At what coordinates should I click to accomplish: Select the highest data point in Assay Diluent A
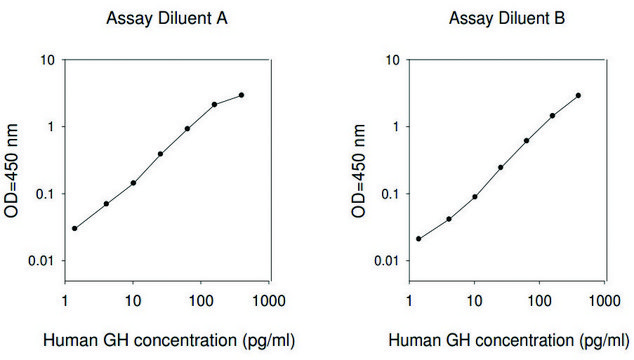242,95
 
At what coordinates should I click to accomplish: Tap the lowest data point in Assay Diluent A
74,228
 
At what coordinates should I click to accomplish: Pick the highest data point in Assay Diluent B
578,95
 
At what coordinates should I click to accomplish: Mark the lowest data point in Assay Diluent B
418,238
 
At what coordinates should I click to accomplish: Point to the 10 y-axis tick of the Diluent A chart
47,60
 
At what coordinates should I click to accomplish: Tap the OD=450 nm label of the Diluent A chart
14,160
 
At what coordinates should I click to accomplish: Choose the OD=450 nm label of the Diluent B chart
358,160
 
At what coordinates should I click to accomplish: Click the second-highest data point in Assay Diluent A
214,104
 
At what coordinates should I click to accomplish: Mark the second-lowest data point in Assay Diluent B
449,219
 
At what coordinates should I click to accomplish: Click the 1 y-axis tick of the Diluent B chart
393,127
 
